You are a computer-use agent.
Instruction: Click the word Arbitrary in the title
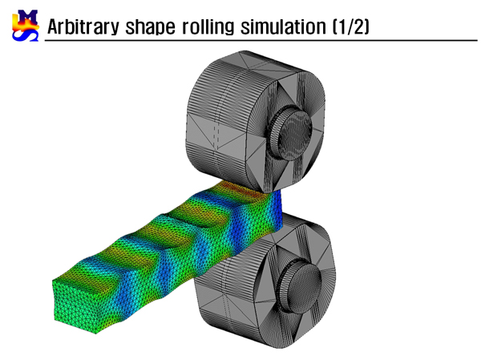pos(83,26)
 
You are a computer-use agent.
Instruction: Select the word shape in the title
pos(150,27)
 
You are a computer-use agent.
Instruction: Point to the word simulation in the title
pos(283,26)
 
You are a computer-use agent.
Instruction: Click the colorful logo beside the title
pos(26,26)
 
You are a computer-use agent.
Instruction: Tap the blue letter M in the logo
pos(27,17)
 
